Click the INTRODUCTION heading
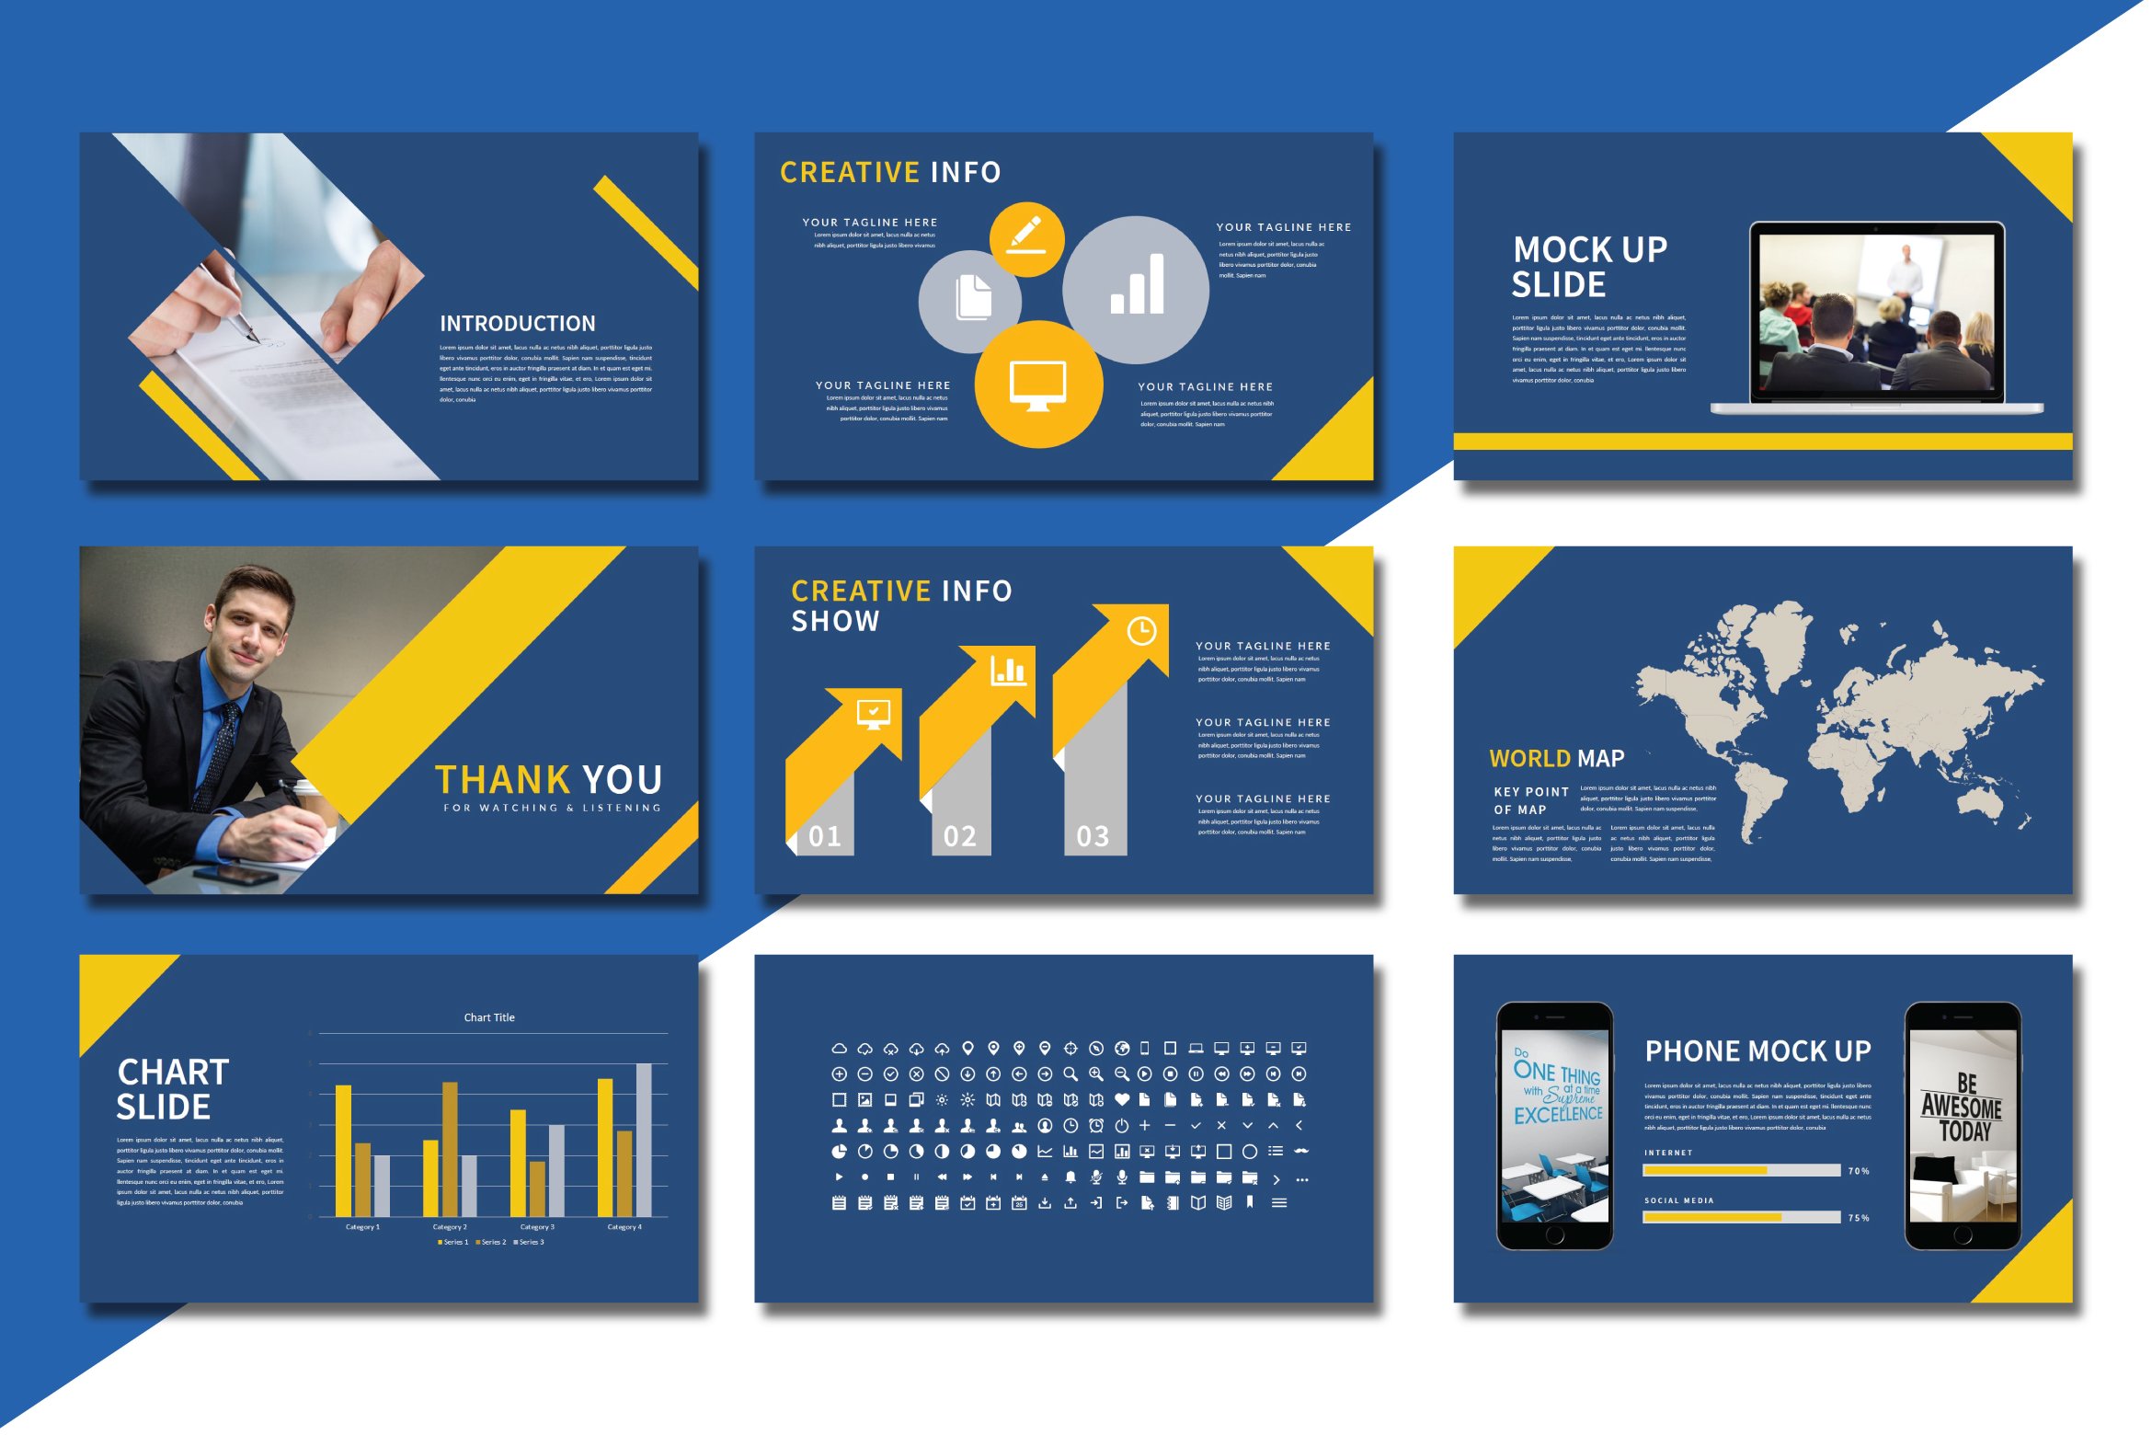click(517, 324)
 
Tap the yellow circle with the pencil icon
click(1026, 239)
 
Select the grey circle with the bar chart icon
click(1136, 290)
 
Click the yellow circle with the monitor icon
click(1038, 385)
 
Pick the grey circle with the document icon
click(970, 300)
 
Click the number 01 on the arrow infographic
click(824, 836)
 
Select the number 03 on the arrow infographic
click(1093, 836)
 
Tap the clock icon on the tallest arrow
click(1141, 631)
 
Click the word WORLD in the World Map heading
click(1529, 759)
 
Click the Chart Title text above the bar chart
click(489, 1017)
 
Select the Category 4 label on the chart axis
click(624, 1227)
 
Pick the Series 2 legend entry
click(491, 1243)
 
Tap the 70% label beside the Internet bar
click(1858, 1171)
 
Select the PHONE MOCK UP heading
click(1757, 1051)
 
